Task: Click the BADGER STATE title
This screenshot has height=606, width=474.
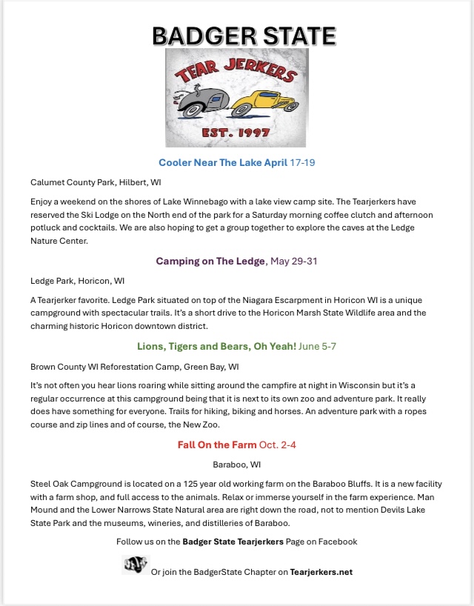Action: click(244, 36)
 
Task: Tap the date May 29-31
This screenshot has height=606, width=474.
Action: click(295, 262)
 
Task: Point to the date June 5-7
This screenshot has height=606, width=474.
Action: click(318, 346)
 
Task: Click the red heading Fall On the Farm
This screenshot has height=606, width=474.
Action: click(214, 444)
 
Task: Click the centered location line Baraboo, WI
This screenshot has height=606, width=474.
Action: click(237, 465)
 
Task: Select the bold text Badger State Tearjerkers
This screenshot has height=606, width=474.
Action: click(233, 542)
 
